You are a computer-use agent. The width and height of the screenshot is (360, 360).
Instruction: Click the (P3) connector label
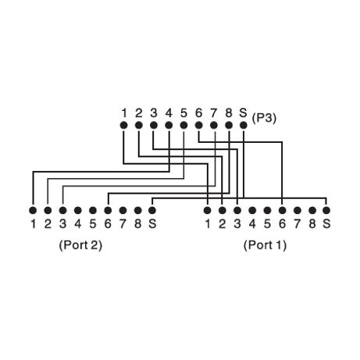[264, 119]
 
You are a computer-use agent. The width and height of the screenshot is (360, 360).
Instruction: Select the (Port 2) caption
[80, 245]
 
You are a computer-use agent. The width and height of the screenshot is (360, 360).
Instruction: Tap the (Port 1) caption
[265, 245]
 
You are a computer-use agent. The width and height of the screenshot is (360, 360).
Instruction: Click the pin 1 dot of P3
[124, 125]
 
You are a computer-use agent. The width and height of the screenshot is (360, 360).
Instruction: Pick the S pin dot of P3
[244, 125]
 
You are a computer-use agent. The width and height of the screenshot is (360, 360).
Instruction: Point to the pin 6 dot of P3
[198, 125]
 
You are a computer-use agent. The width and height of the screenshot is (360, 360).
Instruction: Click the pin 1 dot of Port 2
[33, 210]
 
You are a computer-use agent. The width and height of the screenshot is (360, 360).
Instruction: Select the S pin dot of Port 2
[152, 210]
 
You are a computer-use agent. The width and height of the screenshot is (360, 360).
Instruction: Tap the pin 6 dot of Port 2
[108, 210]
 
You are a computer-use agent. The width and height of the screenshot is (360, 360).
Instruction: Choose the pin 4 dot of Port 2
[78, 210]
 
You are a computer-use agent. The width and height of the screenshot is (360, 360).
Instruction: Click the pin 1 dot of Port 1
[207, 210]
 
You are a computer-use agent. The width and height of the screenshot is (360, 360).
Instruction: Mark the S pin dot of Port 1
[326, 210]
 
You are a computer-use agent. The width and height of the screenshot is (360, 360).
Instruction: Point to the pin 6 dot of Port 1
[282, 210]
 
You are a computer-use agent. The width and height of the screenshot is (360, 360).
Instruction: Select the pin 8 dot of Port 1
[312, 210]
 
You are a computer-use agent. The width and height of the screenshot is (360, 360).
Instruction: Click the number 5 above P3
[184, 113]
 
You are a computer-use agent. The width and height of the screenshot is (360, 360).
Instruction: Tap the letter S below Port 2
[152, 224]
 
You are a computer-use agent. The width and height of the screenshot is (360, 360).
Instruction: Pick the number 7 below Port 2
[123, 224]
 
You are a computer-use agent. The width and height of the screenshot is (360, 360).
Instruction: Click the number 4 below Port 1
[252, 224]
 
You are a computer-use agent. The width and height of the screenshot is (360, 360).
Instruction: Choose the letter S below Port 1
[326, 224]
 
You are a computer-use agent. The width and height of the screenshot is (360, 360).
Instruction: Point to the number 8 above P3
[229, 113]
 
